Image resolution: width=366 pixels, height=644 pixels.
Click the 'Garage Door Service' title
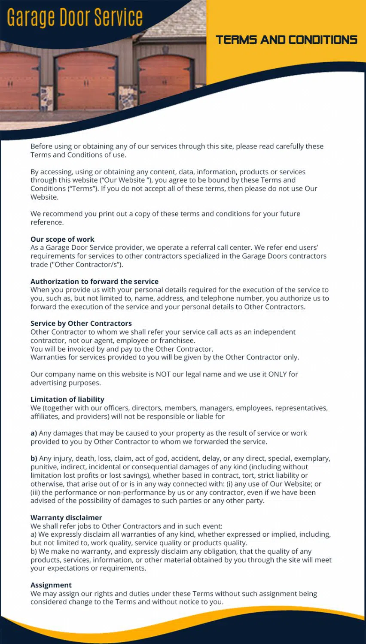[75, 17]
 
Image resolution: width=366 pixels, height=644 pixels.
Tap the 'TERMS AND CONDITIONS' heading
[287, 40]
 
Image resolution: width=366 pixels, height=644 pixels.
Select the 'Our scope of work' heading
[62, 239]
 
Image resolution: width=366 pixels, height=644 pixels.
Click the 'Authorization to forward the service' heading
[95, 281]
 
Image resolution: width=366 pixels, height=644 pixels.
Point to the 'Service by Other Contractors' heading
[81, 323]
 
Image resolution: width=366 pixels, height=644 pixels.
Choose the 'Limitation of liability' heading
[67, 399]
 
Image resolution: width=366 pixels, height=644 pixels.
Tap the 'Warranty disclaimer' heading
[66, 517]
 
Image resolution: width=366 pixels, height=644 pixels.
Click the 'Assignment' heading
[51, 585]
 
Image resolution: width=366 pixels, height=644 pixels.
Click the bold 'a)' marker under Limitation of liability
[34, 433]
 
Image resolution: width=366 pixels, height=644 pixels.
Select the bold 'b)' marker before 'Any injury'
[34, 459]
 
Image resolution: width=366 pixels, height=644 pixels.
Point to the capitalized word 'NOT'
[163, 374]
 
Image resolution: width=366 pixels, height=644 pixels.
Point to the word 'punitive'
[44, 467]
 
